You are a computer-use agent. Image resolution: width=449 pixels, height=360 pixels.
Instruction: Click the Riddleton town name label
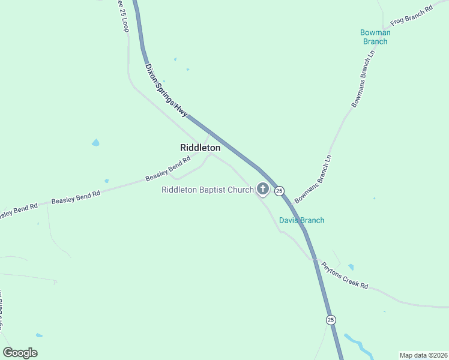point(200,148)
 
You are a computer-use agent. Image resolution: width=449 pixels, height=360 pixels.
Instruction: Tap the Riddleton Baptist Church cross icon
point(262,189)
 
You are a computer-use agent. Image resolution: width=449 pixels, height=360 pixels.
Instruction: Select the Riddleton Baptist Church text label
point(208,190)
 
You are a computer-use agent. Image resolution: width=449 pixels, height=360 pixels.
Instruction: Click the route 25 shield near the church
point(279,191)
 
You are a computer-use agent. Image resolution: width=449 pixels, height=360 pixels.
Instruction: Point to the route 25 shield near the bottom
point(331,320)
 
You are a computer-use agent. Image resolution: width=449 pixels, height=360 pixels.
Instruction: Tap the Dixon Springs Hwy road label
point(166,90)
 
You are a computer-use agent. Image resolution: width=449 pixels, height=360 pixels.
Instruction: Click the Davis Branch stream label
point(301,220)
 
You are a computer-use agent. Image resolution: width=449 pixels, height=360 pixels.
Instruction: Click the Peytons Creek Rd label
point(344,275)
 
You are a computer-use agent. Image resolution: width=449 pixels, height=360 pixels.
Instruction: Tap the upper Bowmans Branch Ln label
point(364,83)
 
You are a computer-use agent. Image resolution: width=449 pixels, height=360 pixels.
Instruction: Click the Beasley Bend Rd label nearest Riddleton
point(167,170)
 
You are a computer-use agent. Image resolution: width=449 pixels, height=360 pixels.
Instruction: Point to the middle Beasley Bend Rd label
point(76,196)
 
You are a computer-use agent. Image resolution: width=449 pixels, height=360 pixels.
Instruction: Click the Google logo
point(20,353)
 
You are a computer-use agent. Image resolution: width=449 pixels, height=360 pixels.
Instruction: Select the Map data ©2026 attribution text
point(423,355)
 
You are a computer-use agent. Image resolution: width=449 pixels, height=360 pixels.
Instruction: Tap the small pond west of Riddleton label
point(95,143)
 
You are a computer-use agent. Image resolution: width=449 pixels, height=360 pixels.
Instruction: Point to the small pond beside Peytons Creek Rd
point(351,267)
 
